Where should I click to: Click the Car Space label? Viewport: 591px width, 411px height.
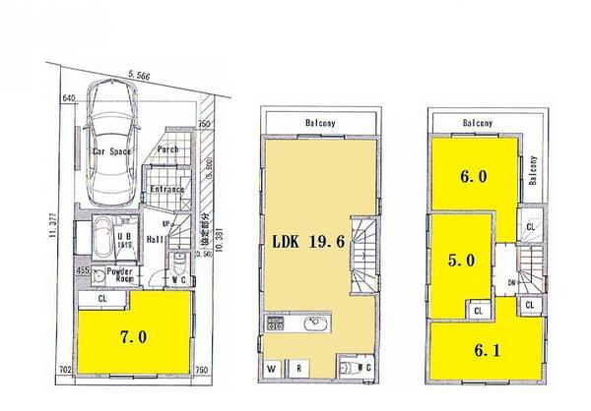(x=112, y=153)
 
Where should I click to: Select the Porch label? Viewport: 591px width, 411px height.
(x=168, y=150)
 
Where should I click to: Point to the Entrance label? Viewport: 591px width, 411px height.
(x=167, y=190)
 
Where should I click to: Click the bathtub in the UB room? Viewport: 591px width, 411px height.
(x=101, y=241)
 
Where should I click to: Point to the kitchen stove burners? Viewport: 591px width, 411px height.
(x=271, y=325)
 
